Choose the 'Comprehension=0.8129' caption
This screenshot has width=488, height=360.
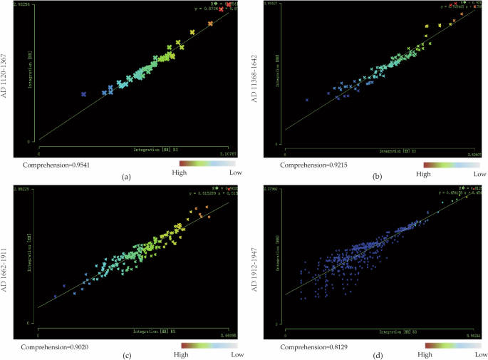(x=307, y=347)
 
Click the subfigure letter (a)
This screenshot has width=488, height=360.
(x=127, y=175)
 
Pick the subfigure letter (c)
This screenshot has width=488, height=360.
(x=127, y=356)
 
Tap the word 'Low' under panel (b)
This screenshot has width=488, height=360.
(x=480, y=173)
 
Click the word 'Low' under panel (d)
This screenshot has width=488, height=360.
(x=480, y=354)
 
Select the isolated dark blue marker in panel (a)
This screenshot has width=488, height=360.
(x=83, y=94)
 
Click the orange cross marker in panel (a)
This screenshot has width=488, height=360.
(x=210, y=24)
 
